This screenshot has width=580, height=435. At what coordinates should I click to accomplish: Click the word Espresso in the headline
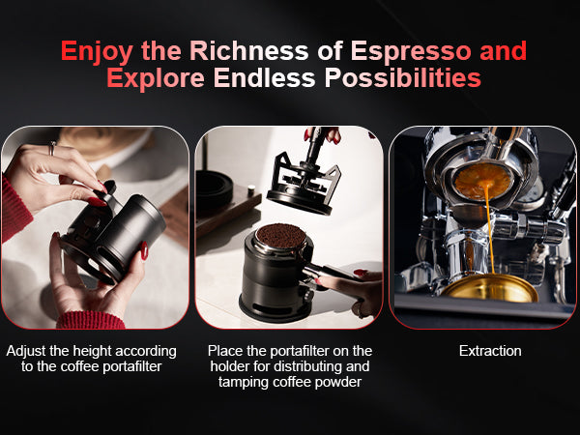(411, 50)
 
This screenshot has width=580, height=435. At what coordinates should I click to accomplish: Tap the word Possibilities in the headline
(403, 78)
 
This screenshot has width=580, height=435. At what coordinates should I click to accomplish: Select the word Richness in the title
(249, 50)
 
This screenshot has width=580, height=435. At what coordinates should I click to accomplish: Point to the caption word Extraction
(490, 351)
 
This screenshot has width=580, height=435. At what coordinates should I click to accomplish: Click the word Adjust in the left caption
(26, 352)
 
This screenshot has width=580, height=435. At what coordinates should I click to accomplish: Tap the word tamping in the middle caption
(244, 383)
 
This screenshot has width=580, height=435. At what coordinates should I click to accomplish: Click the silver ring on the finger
(52, 148)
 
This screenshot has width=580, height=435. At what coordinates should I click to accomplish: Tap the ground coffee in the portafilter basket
(280, 235)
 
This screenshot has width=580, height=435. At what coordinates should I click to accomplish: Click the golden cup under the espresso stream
(490, 288)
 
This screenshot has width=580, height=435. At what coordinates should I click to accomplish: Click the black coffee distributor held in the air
(304, 182)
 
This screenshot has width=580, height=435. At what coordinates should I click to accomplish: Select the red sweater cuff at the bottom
(90, 320)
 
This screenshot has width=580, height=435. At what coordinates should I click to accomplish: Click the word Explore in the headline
(156, 78)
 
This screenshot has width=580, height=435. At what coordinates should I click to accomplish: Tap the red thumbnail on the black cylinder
(144, 250)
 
